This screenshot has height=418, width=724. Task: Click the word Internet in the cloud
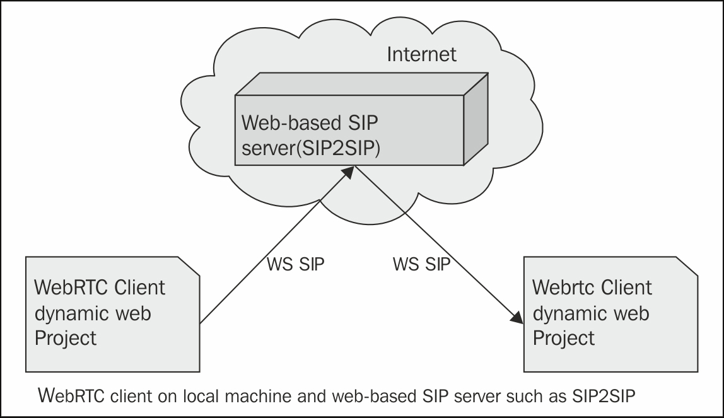[421, 54]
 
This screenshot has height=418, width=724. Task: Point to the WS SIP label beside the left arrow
[295, 264]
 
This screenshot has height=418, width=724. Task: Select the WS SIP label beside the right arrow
[422, 264]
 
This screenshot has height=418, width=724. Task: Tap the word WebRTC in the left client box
[72, 287]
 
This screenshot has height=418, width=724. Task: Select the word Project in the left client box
[66, 338]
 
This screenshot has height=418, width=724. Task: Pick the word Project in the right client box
[564, 338]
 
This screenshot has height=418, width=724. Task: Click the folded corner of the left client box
[189, 265]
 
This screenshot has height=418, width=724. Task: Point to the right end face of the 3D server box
[476, 120]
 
